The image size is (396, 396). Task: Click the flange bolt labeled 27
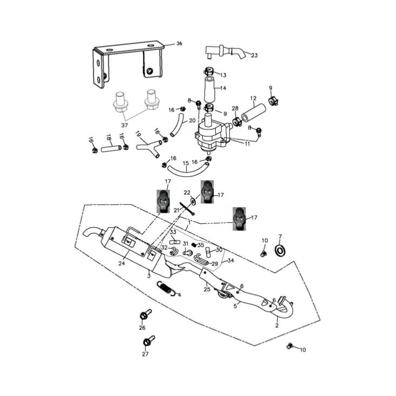click(148, 342)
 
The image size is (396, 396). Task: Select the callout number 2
click(277, 326)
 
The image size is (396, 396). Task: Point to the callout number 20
click(192, 121)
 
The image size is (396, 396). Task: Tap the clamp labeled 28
click(236, 120)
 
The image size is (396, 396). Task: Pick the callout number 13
click(223, 75)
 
